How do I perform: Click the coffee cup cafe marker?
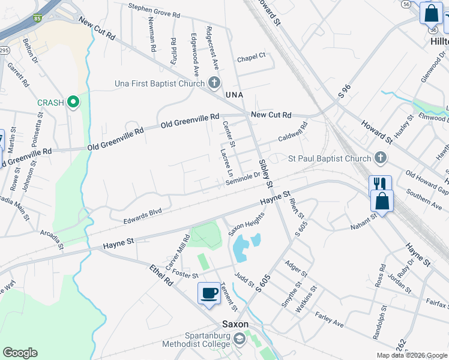pos(209,293)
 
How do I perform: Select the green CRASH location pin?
pos(73,103)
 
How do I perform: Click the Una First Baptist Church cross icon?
pos(214,83)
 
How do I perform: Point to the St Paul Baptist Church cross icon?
pos(379,158)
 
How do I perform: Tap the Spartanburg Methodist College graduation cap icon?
pos(240,340)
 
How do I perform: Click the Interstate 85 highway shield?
pos(38,19)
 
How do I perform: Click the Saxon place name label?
pos(235,323)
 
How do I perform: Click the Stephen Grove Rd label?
pos(154,10)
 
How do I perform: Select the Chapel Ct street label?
pos(251,58)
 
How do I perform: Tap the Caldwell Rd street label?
pos(292,133)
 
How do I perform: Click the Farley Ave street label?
pos(329,319)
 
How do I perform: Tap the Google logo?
pos(20,353)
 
